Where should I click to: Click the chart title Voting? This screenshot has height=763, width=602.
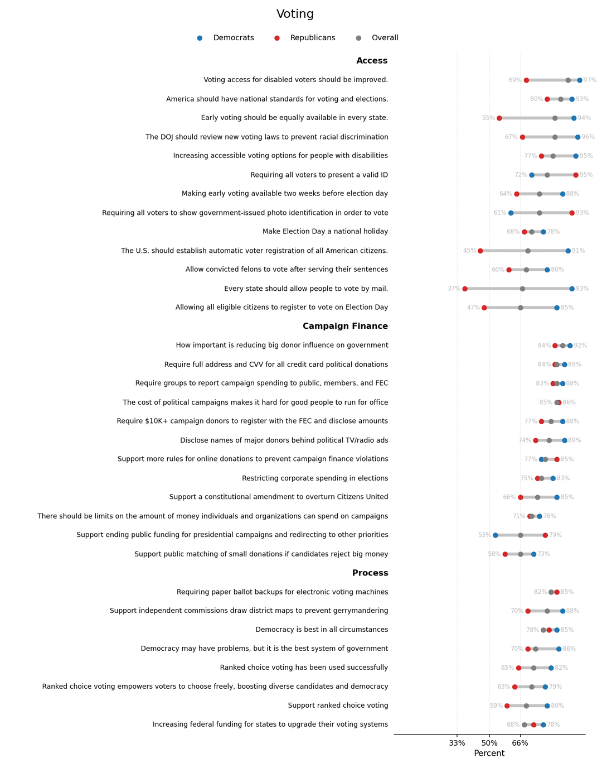point(295,15)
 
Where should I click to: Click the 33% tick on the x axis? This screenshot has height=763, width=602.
point(457,743)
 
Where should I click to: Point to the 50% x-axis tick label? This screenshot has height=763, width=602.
point(489,743)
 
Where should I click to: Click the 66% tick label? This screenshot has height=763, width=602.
point(521,743)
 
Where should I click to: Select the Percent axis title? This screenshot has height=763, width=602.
point(489,754)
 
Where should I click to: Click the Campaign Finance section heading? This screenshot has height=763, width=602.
point(345,327)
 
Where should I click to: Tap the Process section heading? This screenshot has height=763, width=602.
point(370,573)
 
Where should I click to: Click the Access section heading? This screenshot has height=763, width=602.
point(372,61)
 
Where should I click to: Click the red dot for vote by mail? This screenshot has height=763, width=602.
point(465,289)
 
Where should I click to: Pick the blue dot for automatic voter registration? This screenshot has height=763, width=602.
point(568,251)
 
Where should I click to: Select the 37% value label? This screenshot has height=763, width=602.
point(454,289)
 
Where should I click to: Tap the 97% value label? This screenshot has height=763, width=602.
point(590,80)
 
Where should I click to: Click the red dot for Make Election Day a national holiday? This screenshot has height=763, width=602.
point(525,232)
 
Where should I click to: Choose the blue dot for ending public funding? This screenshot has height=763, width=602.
point(496,535)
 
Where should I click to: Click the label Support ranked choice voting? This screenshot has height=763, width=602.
point(338,706)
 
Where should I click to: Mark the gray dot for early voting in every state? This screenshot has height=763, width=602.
point(555,118)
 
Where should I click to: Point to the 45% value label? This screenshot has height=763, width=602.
point(469,251)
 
